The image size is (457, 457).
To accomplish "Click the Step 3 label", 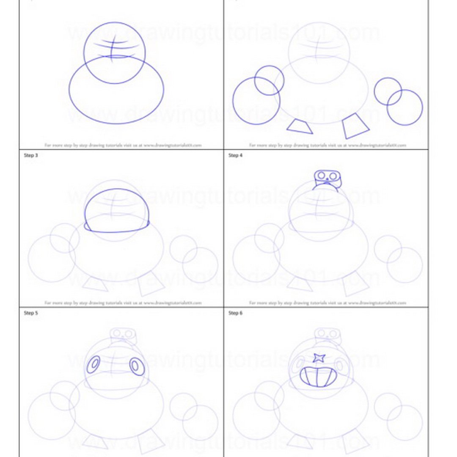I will click(x=31, y=156).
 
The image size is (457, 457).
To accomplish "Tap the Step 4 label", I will click(x=235, y=156).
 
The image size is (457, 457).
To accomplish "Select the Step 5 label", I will click(x=31, y=313).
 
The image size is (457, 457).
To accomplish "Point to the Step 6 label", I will click(x=235, y=313).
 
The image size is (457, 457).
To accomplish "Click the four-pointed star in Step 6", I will click(x=319, y=358).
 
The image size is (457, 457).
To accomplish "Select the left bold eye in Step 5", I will click(x=94, y=364).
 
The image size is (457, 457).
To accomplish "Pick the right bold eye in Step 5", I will click(x=137, y=366).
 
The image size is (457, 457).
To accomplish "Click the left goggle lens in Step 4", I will click(x=322, y=175).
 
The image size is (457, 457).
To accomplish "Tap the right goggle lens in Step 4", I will click(x=333, y=176).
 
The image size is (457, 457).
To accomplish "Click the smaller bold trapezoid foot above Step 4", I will click(x=300, y=127).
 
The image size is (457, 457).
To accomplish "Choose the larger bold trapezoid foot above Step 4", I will click(x=355, y=126).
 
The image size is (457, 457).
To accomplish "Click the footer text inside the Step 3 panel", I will click(x=123, y=303).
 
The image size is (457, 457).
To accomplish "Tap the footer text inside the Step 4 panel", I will click(x=327, y=303).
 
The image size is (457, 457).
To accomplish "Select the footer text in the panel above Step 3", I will click(x=123, y=145).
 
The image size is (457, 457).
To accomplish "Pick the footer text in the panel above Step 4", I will click(x=327, y=145).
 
